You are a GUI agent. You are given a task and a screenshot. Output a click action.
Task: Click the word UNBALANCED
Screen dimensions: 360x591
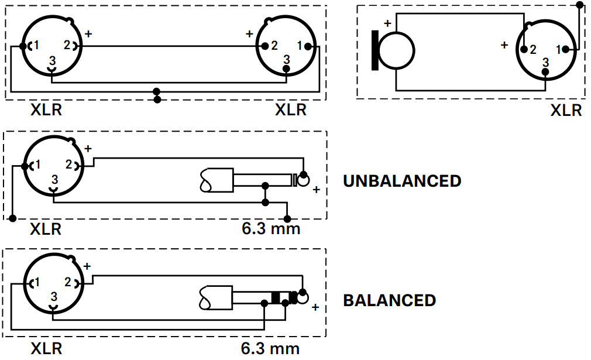(402, 181)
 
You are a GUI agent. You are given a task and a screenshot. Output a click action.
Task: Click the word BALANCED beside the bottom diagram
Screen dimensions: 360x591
(389, 300)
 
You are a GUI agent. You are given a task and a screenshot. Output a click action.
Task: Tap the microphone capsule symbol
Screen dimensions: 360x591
(394, 51)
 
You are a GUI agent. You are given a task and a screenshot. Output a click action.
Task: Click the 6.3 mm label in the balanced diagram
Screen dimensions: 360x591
(270, 349)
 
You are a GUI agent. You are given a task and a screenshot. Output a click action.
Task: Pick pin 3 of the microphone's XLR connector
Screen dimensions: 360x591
(545, 62)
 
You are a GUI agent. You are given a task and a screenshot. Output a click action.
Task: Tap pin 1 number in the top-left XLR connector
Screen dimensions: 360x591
(36, 45)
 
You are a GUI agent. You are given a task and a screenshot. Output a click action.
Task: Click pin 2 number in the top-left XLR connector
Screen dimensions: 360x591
(67, 45)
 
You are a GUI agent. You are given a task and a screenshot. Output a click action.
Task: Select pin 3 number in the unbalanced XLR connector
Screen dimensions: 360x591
(54, 179)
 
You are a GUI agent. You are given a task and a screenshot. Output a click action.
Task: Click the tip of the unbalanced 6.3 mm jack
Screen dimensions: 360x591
(304, 179)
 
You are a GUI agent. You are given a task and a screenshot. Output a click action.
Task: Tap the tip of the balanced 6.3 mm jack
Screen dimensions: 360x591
(303, 297)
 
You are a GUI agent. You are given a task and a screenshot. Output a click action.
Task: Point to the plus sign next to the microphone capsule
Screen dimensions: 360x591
(387, 23)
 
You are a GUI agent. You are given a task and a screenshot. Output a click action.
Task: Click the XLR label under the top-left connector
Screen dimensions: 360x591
(46, 109)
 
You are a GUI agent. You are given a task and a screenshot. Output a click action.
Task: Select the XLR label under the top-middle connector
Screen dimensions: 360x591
(291, 109)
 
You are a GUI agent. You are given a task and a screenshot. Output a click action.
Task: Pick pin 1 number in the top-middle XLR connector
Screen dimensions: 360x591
(300, 45)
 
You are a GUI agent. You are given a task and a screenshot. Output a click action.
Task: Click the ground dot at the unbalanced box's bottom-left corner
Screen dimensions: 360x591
(13, 219)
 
